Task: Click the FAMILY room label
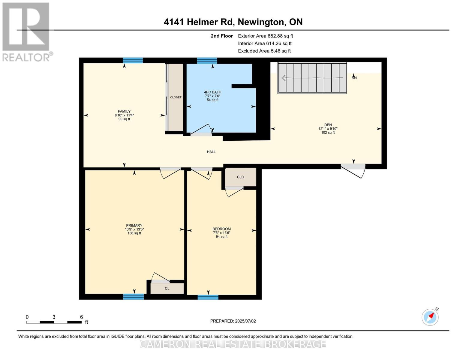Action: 124,112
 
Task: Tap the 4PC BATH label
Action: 212,92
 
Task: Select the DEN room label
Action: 328,125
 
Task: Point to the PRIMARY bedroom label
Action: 134,226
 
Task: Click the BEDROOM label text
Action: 221,229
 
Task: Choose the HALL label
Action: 211,152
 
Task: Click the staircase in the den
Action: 312,78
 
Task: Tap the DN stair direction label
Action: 354,78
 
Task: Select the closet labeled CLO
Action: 240,177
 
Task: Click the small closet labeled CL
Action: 167,288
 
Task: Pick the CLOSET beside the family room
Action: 176,97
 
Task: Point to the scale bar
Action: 54,322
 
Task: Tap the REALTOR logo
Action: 26,31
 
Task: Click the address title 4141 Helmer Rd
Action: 233,22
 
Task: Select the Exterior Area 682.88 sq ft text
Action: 265,36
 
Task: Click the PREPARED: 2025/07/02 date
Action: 233,321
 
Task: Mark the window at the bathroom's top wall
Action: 207,61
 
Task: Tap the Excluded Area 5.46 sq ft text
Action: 264,51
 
